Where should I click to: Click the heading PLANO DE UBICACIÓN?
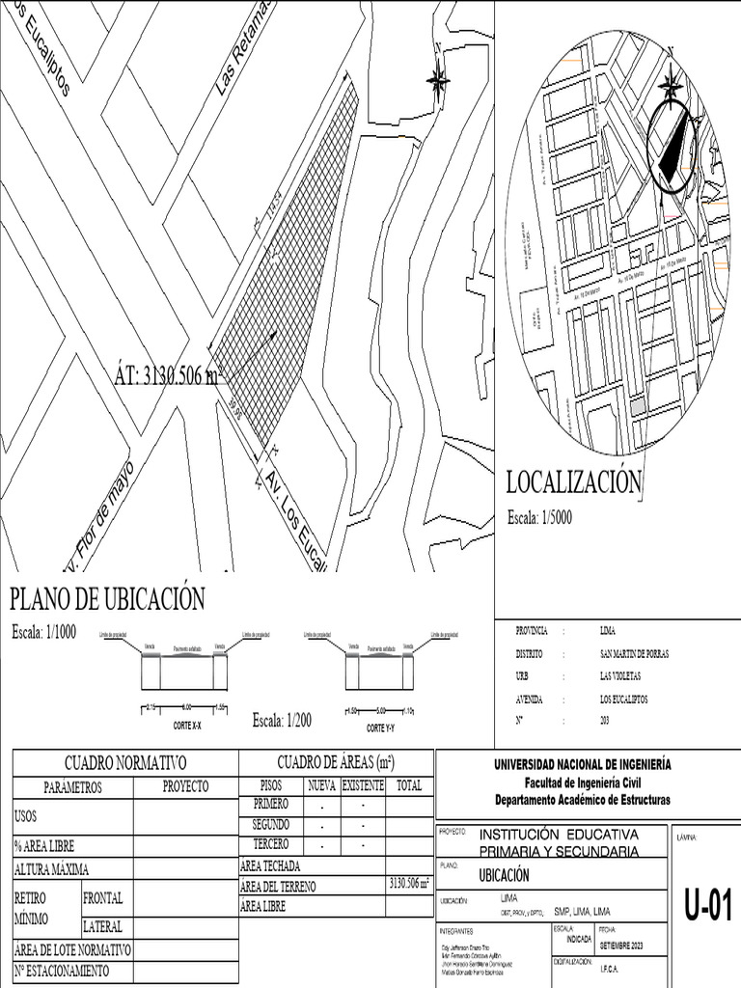107,599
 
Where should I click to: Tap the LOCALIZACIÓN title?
574,482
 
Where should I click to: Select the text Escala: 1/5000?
540,518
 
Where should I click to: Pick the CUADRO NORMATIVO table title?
125,763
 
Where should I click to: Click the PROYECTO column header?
185,787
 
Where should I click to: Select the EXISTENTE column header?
363,786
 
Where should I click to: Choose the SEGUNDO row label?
271,825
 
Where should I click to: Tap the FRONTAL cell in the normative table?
103,897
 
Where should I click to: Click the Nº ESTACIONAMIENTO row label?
62,971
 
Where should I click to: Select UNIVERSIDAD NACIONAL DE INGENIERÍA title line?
583,765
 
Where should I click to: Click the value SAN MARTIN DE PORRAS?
634,653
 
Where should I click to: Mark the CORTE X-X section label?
187,724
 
